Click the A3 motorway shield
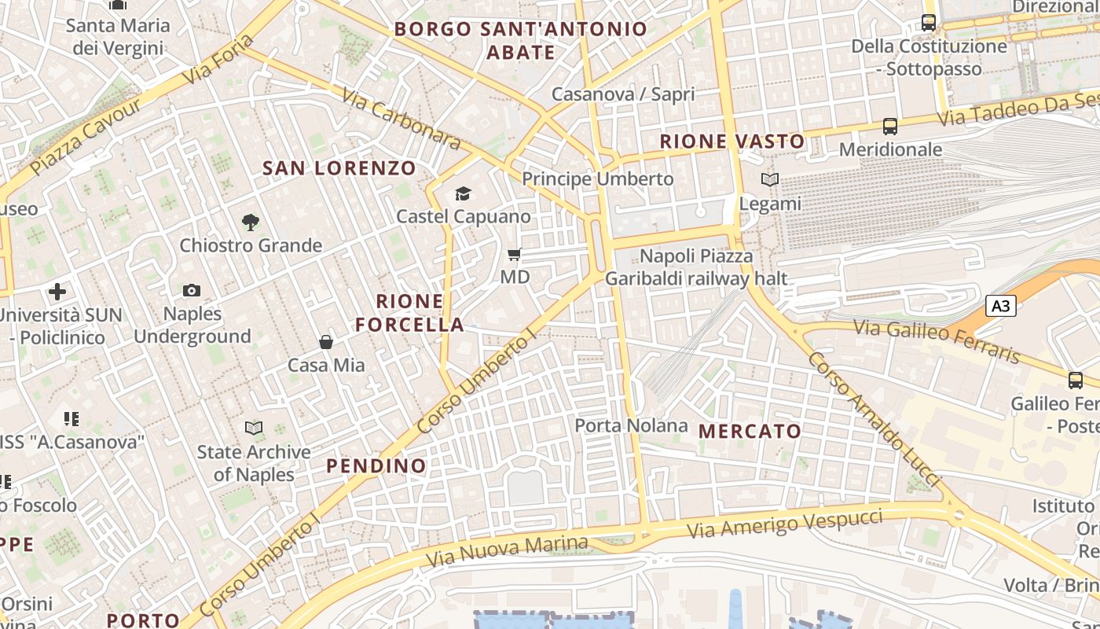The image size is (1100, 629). click(x=1000, y=306)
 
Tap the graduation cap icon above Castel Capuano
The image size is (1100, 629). click(x=463, y=193)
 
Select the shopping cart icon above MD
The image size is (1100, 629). click(x=515, y=254)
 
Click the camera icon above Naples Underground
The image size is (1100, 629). click(x=192, y=291)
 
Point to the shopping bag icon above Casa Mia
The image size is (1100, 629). click(x=325, y=342)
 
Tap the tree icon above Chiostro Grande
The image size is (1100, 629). click(x=251, y=223)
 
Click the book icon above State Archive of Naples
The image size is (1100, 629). click(x=254, y=429)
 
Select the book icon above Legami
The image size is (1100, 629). click(x=770, y=180)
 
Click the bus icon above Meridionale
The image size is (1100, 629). click(x=890, y=126)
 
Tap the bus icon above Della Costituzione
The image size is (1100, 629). click(x=929, y=22)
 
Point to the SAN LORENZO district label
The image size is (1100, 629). click(x=339, y=167)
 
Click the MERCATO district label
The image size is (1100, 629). click(x=750, y=431)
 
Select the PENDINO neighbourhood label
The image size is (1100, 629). click(x=376, y=465)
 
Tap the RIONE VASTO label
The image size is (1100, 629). click(x=732, y=142)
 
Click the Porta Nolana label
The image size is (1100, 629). click(x=631, y=425)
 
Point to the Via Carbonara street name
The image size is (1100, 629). click(x=401, y=117)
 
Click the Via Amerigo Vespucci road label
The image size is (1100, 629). click(x=785, y=523)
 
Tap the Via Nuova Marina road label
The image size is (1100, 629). click(x=507, y=551)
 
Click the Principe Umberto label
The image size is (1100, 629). click(x=598, y=178)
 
